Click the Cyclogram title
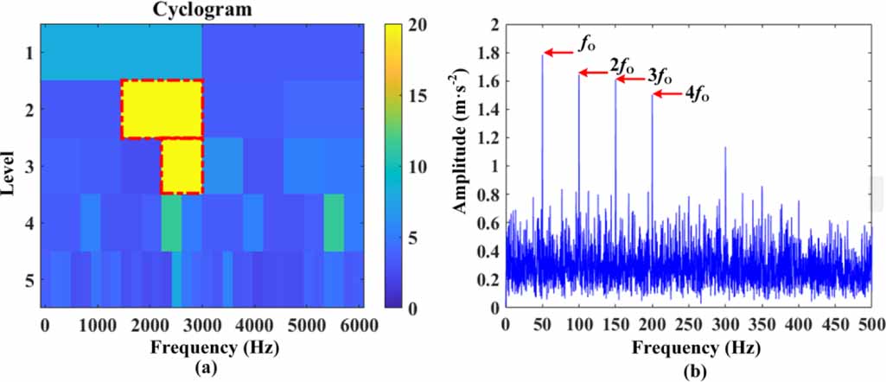pyautogui.click(x=201, y=10)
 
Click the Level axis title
pyautogui.click(x=10, y=169)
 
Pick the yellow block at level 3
pyautogui.click(x=182, y=166)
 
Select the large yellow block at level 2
pyautogui.click(x=162, y=109)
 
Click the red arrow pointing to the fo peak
pyautogui.click(x=559, y=53)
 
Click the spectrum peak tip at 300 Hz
pyautogui.click(x=724, y=148)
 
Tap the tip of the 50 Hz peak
pyautogui.click(x=542, y=54)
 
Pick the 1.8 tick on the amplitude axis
pyautogui.click(x=490, y=53)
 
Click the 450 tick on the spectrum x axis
pyautogui.click(x=834, y=326)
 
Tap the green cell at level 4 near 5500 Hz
pyautogui.click(x=334, y=222)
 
